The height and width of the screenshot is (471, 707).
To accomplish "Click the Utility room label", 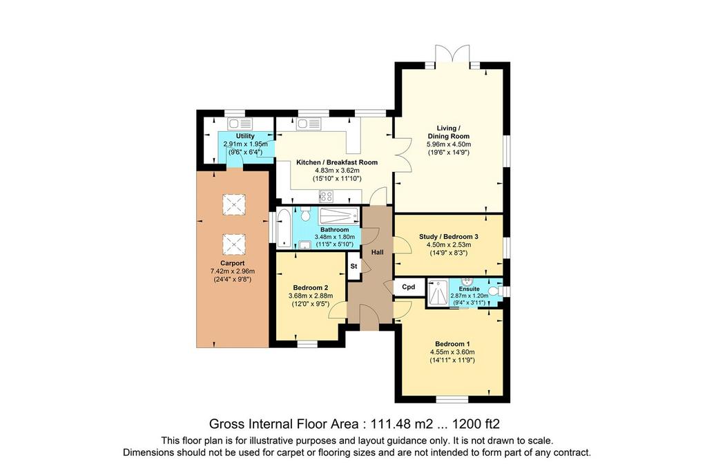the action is click(x=245, y=136).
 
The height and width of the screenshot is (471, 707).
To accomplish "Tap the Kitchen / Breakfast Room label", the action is click(x=337, y=162).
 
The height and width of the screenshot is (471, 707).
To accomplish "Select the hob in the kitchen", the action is click(x=326, y=196).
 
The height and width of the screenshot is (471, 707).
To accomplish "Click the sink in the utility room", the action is click(x=240, y=124).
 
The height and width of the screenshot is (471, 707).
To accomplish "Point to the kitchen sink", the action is click(x=309, y=124).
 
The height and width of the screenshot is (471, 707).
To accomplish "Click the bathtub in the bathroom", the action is click(x=284, y=228).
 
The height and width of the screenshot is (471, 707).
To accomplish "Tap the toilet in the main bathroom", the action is click(x=306, y=214).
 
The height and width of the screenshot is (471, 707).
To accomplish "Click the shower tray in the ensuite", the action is click(x=437, y=294).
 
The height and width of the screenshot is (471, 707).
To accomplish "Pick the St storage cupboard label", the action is click(x=354, y=266).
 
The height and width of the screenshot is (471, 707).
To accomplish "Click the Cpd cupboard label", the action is click(x=409, y=287).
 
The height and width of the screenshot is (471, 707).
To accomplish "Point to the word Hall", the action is click(x=378, y=252).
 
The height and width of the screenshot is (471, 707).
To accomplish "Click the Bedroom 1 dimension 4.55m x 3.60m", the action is click(x=452, y=352).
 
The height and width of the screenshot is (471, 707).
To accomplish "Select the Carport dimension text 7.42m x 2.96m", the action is click(x=233, y=271).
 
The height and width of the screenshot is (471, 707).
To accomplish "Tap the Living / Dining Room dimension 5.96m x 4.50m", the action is click(x=449, y=144).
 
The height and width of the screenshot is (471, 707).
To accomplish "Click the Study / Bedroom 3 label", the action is click(x=449, y=236).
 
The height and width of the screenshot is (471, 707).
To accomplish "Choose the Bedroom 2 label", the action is click(x=311, y=288).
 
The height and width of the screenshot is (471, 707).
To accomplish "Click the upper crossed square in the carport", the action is click(x=234, y=205).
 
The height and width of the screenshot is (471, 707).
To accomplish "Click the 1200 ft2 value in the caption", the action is click(x=476, y=424).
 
